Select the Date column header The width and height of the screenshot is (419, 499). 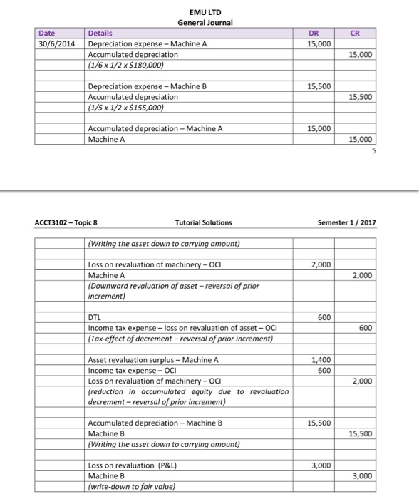pyautogui.click(x=47, y=33)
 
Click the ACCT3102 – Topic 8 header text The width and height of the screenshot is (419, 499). pyautogui.click(x=66, y=222)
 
